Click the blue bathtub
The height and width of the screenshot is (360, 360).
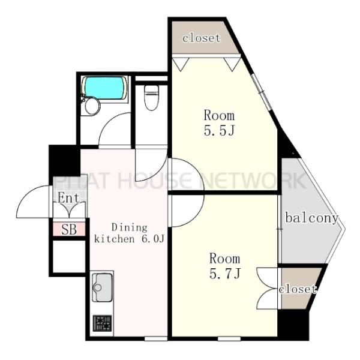coord(104,88)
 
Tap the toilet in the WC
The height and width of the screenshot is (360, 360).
coord(151,98)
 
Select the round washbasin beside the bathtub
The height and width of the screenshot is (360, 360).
coord(92,106)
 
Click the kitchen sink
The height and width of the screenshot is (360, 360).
coord(103,287)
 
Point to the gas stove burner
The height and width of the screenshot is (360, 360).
coord(103,323)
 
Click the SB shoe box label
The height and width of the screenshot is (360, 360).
coord(69,229)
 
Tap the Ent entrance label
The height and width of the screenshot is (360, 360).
coord(68,198)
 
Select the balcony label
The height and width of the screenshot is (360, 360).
coord(311,218)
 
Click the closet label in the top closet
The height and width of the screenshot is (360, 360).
coord(202,38)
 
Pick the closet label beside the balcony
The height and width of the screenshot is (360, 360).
coord(298,289)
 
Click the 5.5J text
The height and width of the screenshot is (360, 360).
coord(219,131)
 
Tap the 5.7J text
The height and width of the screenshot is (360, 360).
coord(225,273)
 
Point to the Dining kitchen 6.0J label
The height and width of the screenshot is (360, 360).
coord(130,233)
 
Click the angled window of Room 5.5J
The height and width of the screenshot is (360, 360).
coord(261,92)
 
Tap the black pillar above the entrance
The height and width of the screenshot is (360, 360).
coord(65,160)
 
